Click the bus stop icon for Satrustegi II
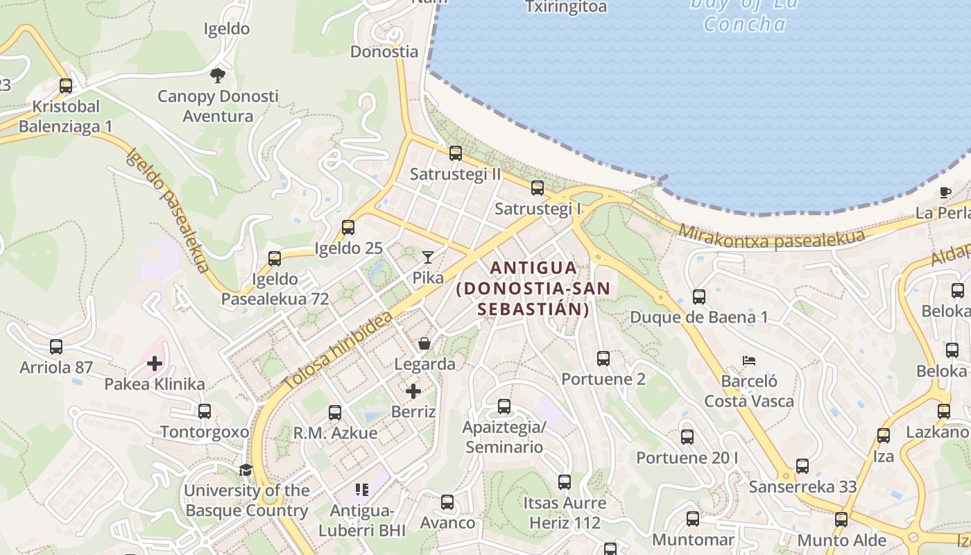(x=455, y=153)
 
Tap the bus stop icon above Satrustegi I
(x=537, y=187)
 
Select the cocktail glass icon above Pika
(x=428, y=257)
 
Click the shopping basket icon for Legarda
(x=424, y=343)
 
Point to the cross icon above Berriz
(x=413, y=391)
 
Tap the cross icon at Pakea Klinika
(x=155, y=364)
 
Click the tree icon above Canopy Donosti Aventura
(x=218, y=75)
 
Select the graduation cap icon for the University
(x=246, y=470)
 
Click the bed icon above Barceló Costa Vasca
(x=748, y=361)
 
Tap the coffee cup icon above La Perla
(x=945, y=192)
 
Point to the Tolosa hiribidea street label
(x=338, y=350)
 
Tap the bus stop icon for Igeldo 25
(x=348, y=228)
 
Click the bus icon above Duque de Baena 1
(x=698, y=297)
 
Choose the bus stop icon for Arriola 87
(x=56, y=346)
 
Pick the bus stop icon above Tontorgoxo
(x=204, y=411)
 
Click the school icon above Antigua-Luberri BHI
(x=361, y=490)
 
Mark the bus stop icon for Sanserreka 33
(x=802, y=466)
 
